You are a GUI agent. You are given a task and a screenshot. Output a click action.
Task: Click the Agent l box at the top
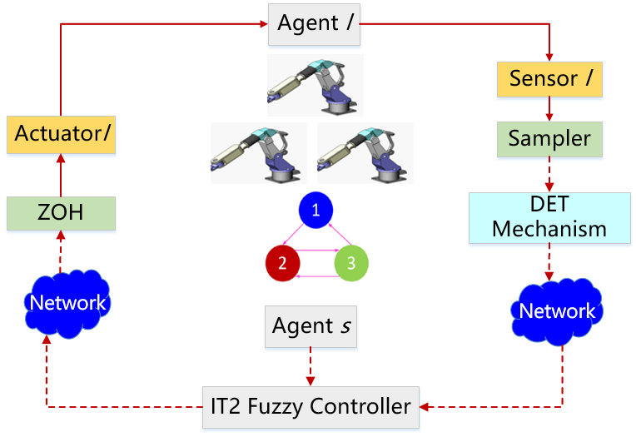tap(314, 25)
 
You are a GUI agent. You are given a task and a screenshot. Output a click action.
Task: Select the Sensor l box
tap(549, 79)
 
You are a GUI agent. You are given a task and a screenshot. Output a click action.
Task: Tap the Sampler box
tap(549, 139)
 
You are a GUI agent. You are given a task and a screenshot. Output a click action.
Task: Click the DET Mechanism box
tap(549, 217)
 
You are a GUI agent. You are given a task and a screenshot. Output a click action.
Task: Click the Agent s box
tap(311, 326)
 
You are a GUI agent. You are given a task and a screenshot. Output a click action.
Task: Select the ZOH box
tap(61, 213)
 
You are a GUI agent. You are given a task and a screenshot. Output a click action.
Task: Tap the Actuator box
tap(61, 135)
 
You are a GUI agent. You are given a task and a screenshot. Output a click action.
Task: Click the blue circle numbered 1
tap(315, 211)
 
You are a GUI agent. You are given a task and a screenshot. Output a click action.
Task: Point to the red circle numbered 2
tap(282, 264)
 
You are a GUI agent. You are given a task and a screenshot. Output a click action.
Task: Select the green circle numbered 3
tap(350, 264)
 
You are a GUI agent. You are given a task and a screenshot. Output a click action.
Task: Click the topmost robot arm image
tap(315, 85)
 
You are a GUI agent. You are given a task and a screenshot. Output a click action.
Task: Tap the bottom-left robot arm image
tap(258, 152)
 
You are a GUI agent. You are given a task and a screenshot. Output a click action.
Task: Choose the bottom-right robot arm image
tap(365, 152)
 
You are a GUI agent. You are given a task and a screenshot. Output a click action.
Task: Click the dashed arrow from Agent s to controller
tap(311, 366)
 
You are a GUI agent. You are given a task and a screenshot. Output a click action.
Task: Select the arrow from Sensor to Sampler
tap(549, 108)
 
